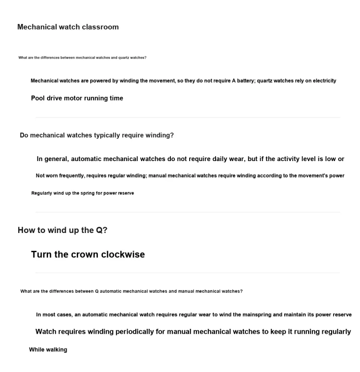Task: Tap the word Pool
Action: click(38, 98)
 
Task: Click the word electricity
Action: click(324, 81)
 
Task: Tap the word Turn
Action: click(41, 255)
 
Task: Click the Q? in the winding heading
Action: click(101, 230)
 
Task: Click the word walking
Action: click(56, 349)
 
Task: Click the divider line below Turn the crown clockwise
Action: click(187, 273)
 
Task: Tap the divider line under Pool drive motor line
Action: click(187, 117)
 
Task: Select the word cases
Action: click(64, 314)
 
